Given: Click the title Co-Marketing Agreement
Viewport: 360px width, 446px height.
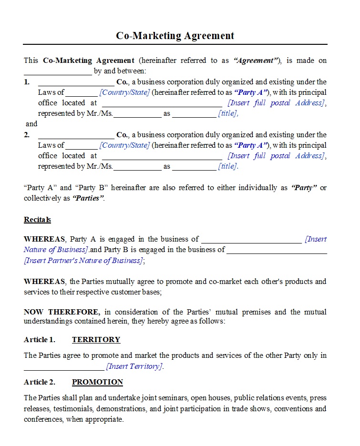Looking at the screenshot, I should point(175,36).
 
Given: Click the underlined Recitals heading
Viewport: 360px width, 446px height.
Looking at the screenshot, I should point(37,220).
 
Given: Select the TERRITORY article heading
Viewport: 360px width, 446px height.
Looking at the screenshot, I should point(96,340).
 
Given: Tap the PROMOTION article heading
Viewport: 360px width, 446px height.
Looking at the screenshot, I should point(97,382).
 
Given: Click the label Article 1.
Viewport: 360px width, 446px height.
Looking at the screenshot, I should point(40,340).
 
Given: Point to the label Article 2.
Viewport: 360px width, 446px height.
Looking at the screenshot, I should point(40,382).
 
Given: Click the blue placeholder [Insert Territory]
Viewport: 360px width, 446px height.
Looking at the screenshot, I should point(134,366).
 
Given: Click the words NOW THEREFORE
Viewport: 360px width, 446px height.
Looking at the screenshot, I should point(62,312).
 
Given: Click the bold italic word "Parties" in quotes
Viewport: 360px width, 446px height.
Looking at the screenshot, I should point(88,198).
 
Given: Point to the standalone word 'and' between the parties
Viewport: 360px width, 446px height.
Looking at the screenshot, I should point(31,124).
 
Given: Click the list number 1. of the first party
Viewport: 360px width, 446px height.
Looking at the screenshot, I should point(27,82).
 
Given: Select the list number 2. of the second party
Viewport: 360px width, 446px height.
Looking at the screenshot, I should point(27,135).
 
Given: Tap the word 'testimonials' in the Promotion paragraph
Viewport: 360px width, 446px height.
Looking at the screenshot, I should point(72,409).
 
